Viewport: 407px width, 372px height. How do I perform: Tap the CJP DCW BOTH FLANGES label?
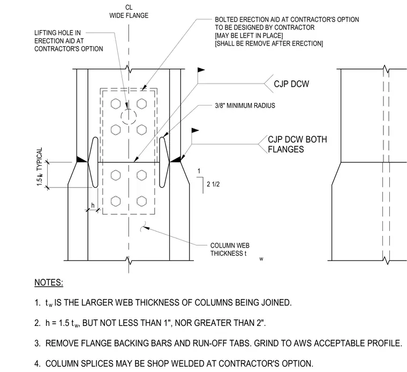[x=297, y=144]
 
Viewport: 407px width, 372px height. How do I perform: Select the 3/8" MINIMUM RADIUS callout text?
[x=245, y=106]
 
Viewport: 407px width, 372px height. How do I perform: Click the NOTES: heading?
[x=49, y=282]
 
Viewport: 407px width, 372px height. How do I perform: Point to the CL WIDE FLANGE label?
[x=129, y=12]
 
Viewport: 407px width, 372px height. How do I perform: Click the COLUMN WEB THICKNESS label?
[x=230, y=249]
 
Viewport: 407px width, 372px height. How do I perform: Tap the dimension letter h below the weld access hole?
[x=93, y=205]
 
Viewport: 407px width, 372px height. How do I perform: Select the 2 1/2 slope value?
[x=213, y=184]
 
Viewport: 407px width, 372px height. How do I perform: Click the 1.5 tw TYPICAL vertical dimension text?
[x=40, y=167]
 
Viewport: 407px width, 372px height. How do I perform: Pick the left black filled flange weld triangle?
[x=82, y=159]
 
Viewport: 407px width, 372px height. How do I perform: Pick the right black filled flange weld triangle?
[x=175, y=159]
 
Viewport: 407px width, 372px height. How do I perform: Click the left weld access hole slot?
[x=93, y=162]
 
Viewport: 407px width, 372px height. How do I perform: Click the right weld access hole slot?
[x=164, y=162]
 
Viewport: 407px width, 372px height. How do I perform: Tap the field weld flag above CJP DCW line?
[x=201, y=70]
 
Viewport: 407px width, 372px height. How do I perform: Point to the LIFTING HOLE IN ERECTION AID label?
[x=69, y=41]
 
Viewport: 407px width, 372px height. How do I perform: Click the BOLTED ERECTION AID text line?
[x=287, y=19]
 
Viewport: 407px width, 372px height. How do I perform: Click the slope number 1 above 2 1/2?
[x=199, y=171]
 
